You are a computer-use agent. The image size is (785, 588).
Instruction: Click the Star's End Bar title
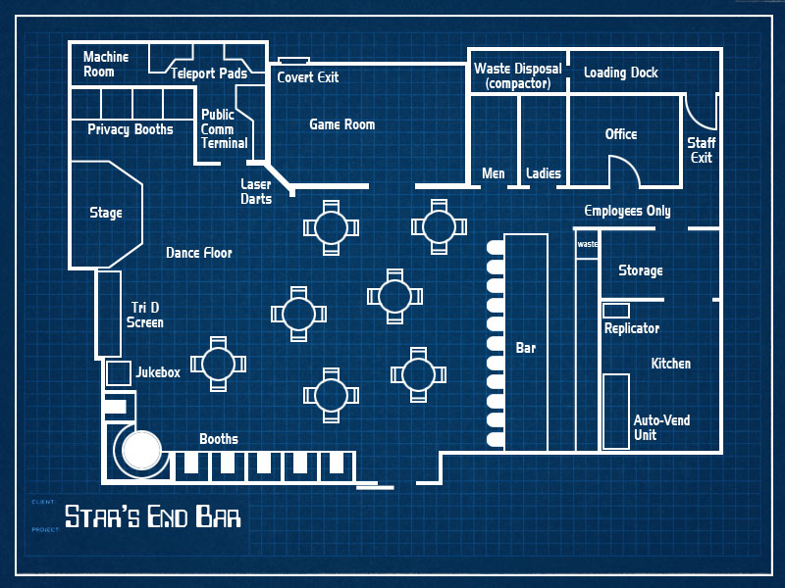(152, 515)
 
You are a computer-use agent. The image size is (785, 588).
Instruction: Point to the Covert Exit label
(307, 76)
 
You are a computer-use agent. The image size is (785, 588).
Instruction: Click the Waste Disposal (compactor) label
(518, 76)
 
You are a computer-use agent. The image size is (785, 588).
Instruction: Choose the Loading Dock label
(620, 73)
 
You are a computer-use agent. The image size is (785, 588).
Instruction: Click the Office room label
(621, 134)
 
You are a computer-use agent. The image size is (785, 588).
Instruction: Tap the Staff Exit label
(701, 150)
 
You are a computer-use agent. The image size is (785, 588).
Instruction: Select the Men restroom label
(494, 173)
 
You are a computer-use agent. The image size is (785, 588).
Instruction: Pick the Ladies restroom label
(543, 173)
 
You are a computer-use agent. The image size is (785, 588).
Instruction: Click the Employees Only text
(627, 211)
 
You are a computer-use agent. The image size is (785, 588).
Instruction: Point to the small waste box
(587, 245)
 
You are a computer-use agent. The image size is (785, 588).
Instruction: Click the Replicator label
(632, 328)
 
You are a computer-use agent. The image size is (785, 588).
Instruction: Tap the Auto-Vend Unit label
(661, 427)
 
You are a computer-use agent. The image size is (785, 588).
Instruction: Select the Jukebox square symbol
(118, 373)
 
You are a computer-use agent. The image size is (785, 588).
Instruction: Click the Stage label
(106, 213)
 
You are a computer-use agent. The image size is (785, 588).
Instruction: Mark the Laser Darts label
(256, 191)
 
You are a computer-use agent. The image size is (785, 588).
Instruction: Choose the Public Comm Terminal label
(224, 128)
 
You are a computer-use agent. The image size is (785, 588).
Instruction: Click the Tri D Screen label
(145, 315)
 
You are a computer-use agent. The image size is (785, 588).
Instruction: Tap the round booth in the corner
(140, 450)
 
